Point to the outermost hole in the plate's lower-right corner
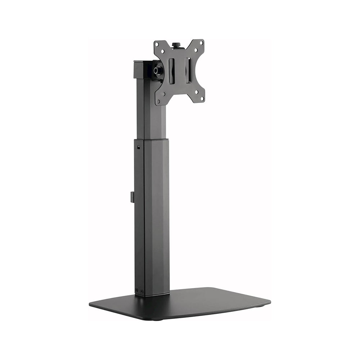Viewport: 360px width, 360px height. pos(202,98)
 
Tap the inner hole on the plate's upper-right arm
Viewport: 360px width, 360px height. pos(196,50)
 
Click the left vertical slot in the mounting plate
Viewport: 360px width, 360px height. pos(172,71)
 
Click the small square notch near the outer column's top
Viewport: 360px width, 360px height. pos(139,147)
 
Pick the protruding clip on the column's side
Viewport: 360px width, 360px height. pos(132,197)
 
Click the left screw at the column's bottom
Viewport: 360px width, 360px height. pos(136,290)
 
